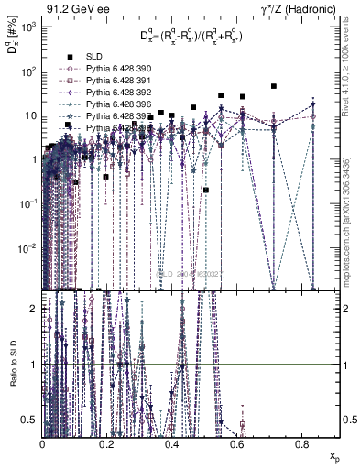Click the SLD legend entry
[x=102, y=57]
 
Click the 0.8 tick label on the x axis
[x=301, y=444]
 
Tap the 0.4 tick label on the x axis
[x=171, y=444]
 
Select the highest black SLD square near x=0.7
[x=274, y=86]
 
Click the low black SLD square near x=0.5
[x=206, y=190]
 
